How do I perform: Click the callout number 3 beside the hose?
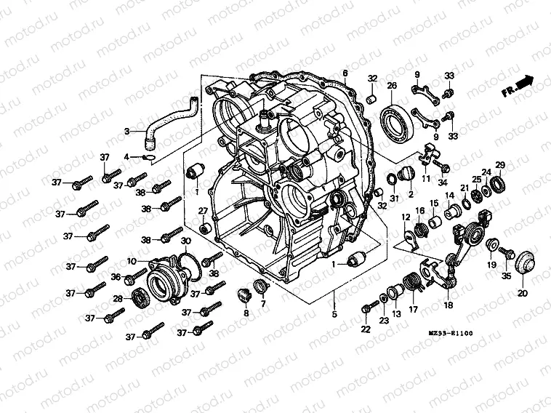(x=126, y=132)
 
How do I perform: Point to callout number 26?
(x=392, y=86)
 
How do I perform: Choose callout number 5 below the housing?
(x=334, y=315)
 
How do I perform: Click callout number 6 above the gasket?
(x=345, y=74)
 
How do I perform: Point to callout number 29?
(x=500, y=164)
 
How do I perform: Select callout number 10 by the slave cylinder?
(x=132, y=261)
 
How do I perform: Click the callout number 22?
(x=365, y=329)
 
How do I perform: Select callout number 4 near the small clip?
(x=126, y=156)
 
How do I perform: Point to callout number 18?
(x=449, y=305)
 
